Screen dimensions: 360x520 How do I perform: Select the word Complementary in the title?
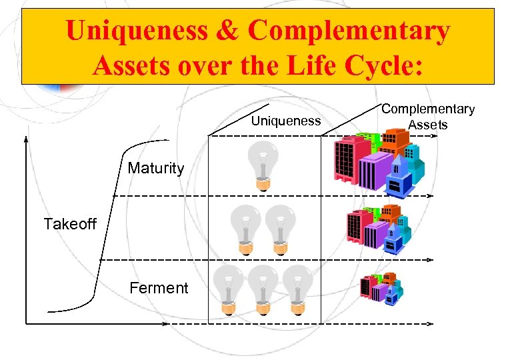350,31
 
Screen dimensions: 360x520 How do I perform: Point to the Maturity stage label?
155,168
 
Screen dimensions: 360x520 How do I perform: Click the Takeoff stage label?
70,224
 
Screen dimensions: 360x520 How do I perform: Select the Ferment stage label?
159,288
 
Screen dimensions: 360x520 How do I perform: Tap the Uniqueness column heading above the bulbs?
285,121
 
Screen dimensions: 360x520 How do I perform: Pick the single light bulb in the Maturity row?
261,167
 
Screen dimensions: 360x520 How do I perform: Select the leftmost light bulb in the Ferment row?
229,290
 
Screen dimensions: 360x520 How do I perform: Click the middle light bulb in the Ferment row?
262,290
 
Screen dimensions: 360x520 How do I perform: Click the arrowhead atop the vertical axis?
26,140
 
